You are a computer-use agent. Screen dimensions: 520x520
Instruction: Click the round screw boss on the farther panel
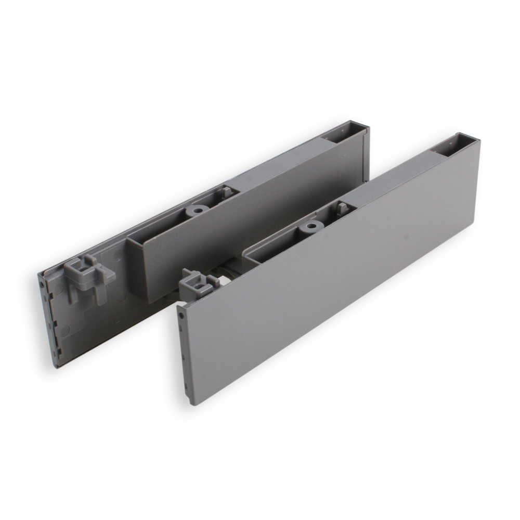point(196,210)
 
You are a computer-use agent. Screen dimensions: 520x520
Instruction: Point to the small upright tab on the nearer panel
point(342,208)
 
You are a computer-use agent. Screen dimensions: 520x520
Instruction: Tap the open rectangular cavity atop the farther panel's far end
point(341,134)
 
